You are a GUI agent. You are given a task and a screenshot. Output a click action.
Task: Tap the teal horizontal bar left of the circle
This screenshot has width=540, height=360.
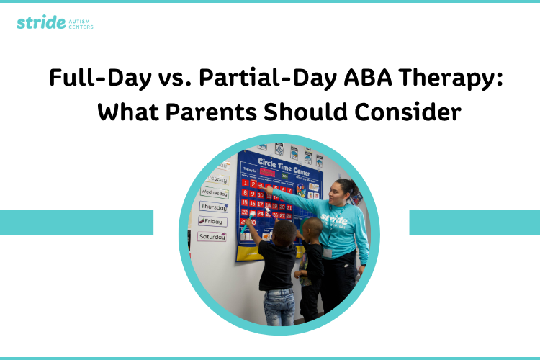tap(76, 222)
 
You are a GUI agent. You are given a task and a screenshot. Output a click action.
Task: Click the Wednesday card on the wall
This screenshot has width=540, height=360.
tap(214, 193)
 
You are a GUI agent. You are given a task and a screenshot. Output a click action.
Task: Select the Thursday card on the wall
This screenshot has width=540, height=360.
tap(214, 207)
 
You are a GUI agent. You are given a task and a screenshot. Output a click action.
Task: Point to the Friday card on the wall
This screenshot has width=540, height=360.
tap(212, 222)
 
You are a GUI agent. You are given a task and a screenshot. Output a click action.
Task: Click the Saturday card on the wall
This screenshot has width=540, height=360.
tap(212, 236)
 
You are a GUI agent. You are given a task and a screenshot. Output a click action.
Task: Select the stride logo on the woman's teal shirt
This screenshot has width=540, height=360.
tap(334, 219)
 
